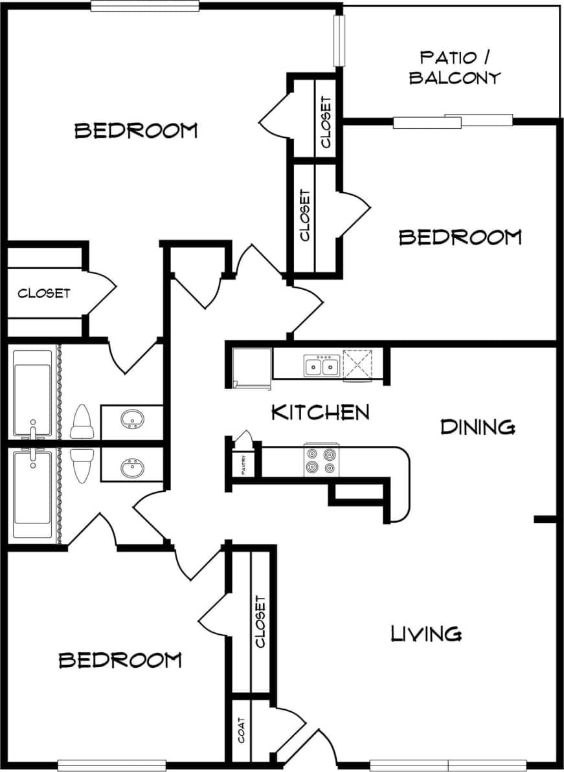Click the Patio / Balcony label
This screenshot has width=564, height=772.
coord(455,68)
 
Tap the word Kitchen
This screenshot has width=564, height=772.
coord(320,412)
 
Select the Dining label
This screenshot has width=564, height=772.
coord(478,427)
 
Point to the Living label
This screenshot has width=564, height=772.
coord(426,634)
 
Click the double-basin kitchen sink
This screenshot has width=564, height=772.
coord(321,367)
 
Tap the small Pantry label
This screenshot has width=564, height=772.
coord(243,465)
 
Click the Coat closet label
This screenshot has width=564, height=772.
coord(242,730)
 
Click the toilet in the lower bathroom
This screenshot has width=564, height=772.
coord(82,466)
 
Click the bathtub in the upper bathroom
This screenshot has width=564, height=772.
coord(32,393)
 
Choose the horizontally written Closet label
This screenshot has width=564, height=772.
coord(43,293)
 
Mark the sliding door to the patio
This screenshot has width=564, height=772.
coord(453,121)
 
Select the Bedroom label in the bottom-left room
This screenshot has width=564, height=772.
coord(120,660)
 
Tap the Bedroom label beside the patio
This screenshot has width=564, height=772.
coord(460,237)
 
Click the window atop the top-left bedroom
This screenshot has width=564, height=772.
coord(144,6)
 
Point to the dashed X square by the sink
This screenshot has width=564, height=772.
coord(357,364)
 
